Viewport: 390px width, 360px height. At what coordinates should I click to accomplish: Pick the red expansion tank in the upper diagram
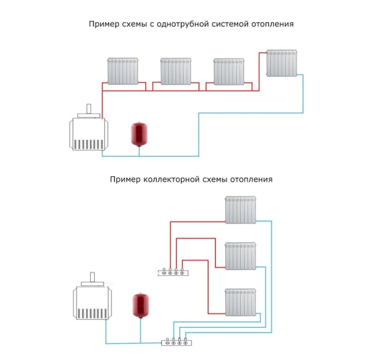pyautogui.click(x=139, y=134)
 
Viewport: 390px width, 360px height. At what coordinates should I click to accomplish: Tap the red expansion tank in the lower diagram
pyautogui.click(x=141, y=305)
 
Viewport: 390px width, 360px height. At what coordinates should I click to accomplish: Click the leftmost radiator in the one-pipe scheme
pyautogui.click(x=123, y=71)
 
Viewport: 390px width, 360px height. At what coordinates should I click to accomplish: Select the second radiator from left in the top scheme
pyautogui.click(x=176, y=71)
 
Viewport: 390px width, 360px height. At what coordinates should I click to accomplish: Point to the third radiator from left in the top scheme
pyautogui.click(x=229, y=71)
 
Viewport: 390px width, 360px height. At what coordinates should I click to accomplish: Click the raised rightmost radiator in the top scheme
pyautogui.click(x=282, y=63)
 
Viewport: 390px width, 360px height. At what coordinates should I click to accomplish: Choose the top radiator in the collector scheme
pyautogui.click(x=241, y=210)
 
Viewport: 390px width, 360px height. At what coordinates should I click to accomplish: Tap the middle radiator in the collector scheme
pyautogui.click(x=241, y=256)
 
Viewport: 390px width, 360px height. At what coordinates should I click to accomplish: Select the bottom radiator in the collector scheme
pyautogui.click(x=241, y=302)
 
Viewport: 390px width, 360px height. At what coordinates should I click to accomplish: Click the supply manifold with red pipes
pyautogui.click(x=173, y=273)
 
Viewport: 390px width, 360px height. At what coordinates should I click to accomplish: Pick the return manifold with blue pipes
pyautogui.click(x=177, y=342)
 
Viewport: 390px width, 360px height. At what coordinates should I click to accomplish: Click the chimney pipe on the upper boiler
pyautogui.click(x=89, y=109)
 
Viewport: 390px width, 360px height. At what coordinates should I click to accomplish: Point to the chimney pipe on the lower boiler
pyautogui.click(x=92, y=277)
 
